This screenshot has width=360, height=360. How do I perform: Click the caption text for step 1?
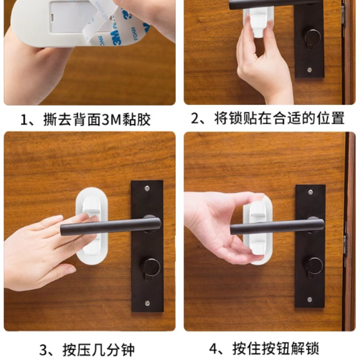tap(85, 119)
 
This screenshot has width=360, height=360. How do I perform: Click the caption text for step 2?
tap(268, 118)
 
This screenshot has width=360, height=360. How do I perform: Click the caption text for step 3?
tap(87, 350)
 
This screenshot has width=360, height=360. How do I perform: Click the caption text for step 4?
tap(264, 349)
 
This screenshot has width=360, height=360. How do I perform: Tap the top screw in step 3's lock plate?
tap(147, 189)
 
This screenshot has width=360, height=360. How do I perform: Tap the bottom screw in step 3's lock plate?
tap(147, 303)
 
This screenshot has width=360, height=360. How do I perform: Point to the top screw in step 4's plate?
tap(311, 192)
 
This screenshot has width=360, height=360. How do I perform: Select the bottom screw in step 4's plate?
tap(309, 299)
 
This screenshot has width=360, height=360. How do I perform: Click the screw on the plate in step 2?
tap(309, 69)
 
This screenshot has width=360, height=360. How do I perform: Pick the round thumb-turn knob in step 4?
tap(313, 266)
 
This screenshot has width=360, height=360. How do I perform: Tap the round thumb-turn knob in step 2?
tap(312, 38)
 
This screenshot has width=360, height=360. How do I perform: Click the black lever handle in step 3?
tap(111, 226)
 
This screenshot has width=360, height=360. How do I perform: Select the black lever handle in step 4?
tap(277, 226)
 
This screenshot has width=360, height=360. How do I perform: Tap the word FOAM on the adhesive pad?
tap(135, 34)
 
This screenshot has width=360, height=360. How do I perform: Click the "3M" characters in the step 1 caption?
tap(112, 120)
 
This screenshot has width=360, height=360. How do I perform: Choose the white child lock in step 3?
tap(92, 226)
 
